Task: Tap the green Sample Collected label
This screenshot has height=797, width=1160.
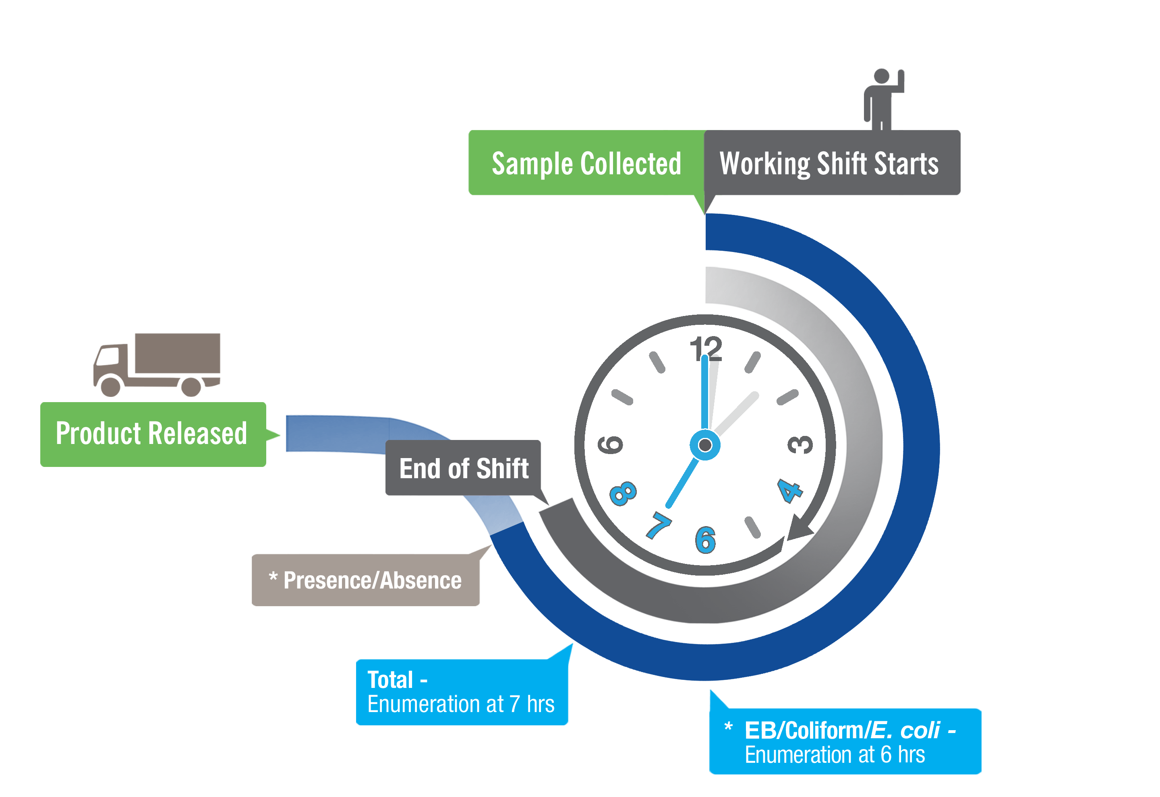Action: pos(586,163)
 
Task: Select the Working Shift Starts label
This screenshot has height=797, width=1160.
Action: pos(829,163)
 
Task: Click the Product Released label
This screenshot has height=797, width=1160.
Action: pos(152,434)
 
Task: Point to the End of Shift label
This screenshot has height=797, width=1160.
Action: pos(464,469)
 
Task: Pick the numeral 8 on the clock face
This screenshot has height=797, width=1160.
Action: pos(623,493)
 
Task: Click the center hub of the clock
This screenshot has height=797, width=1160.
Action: pos(705,444)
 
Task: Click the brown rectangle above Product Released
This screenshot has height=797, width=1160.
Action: pos(157,365)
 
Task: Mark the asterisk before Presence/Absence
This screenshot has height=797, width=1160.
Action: pos(273,577)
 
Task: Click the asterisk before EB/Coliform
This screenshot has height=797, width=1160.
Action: pos(728,727)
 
